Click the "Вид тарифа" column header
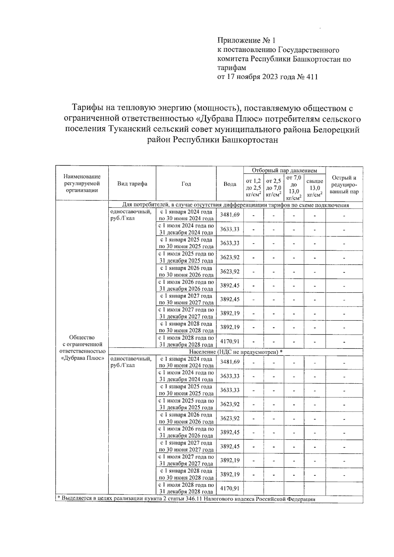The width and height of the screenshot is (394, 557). pos(132,184)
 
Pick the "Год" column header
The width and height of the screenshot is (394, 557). pos(186,184)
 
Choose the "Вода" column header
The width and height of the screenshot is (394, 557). pos(230,184)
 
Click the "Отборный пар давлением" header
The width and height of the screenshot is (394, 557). pos(284,170)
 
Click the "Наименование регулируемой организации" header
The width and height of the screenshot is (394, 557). pos(82,184)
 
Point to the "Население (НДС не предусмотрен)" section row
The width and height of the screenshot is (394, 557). pos(236,352)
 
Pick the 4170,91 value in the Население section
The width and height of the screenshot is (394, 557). pos(230,488)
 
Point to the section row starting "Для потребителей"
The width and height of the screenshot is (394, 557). pos(235,205)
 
